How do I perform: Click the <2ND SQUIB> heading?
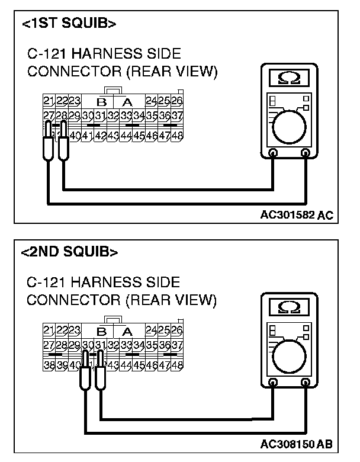point(69,252)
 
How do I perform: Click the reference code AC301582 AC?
point(296,216)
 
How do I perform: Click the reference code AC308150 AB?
point(295,444)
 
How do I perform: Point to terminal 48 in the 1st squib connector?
point(177,136)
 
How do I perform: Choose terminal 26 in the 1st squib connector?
point(177,101)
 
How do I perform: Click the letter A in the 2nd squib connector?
point(127,331)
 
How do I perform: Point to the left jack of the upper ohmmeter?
point(273,153)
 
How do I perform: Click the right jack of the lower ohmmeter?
point(305,383)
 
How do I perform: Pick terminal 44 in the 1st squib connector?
point(126,136)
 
